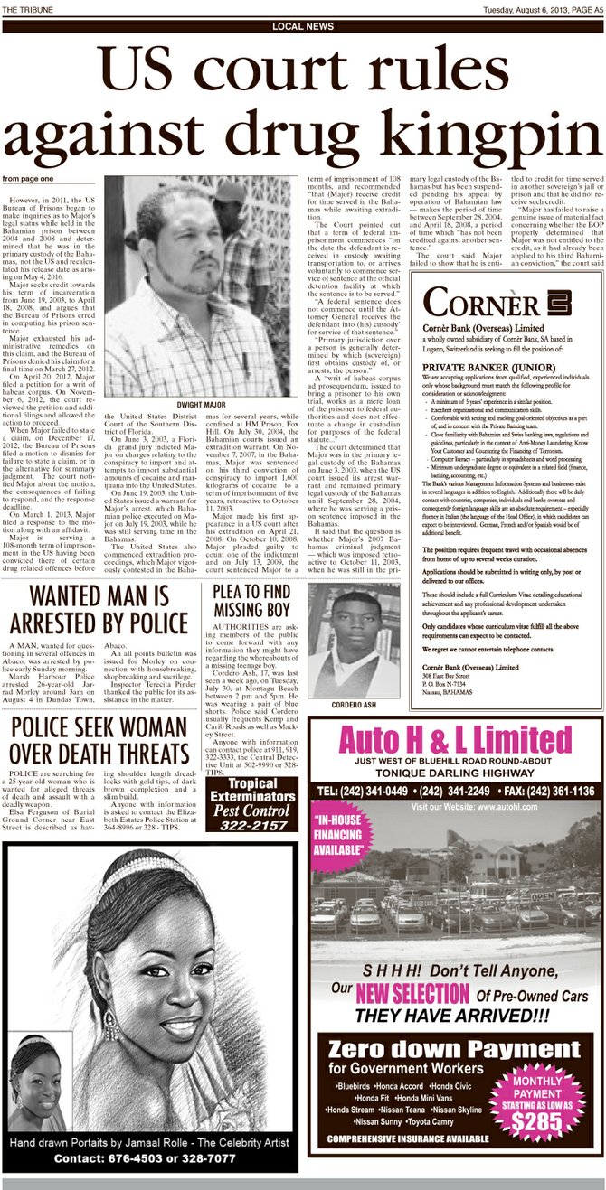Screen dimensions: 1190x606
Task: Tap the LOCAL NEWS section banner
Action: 302,27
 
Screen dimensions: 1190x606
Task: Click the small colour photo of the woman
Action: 39,1090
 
